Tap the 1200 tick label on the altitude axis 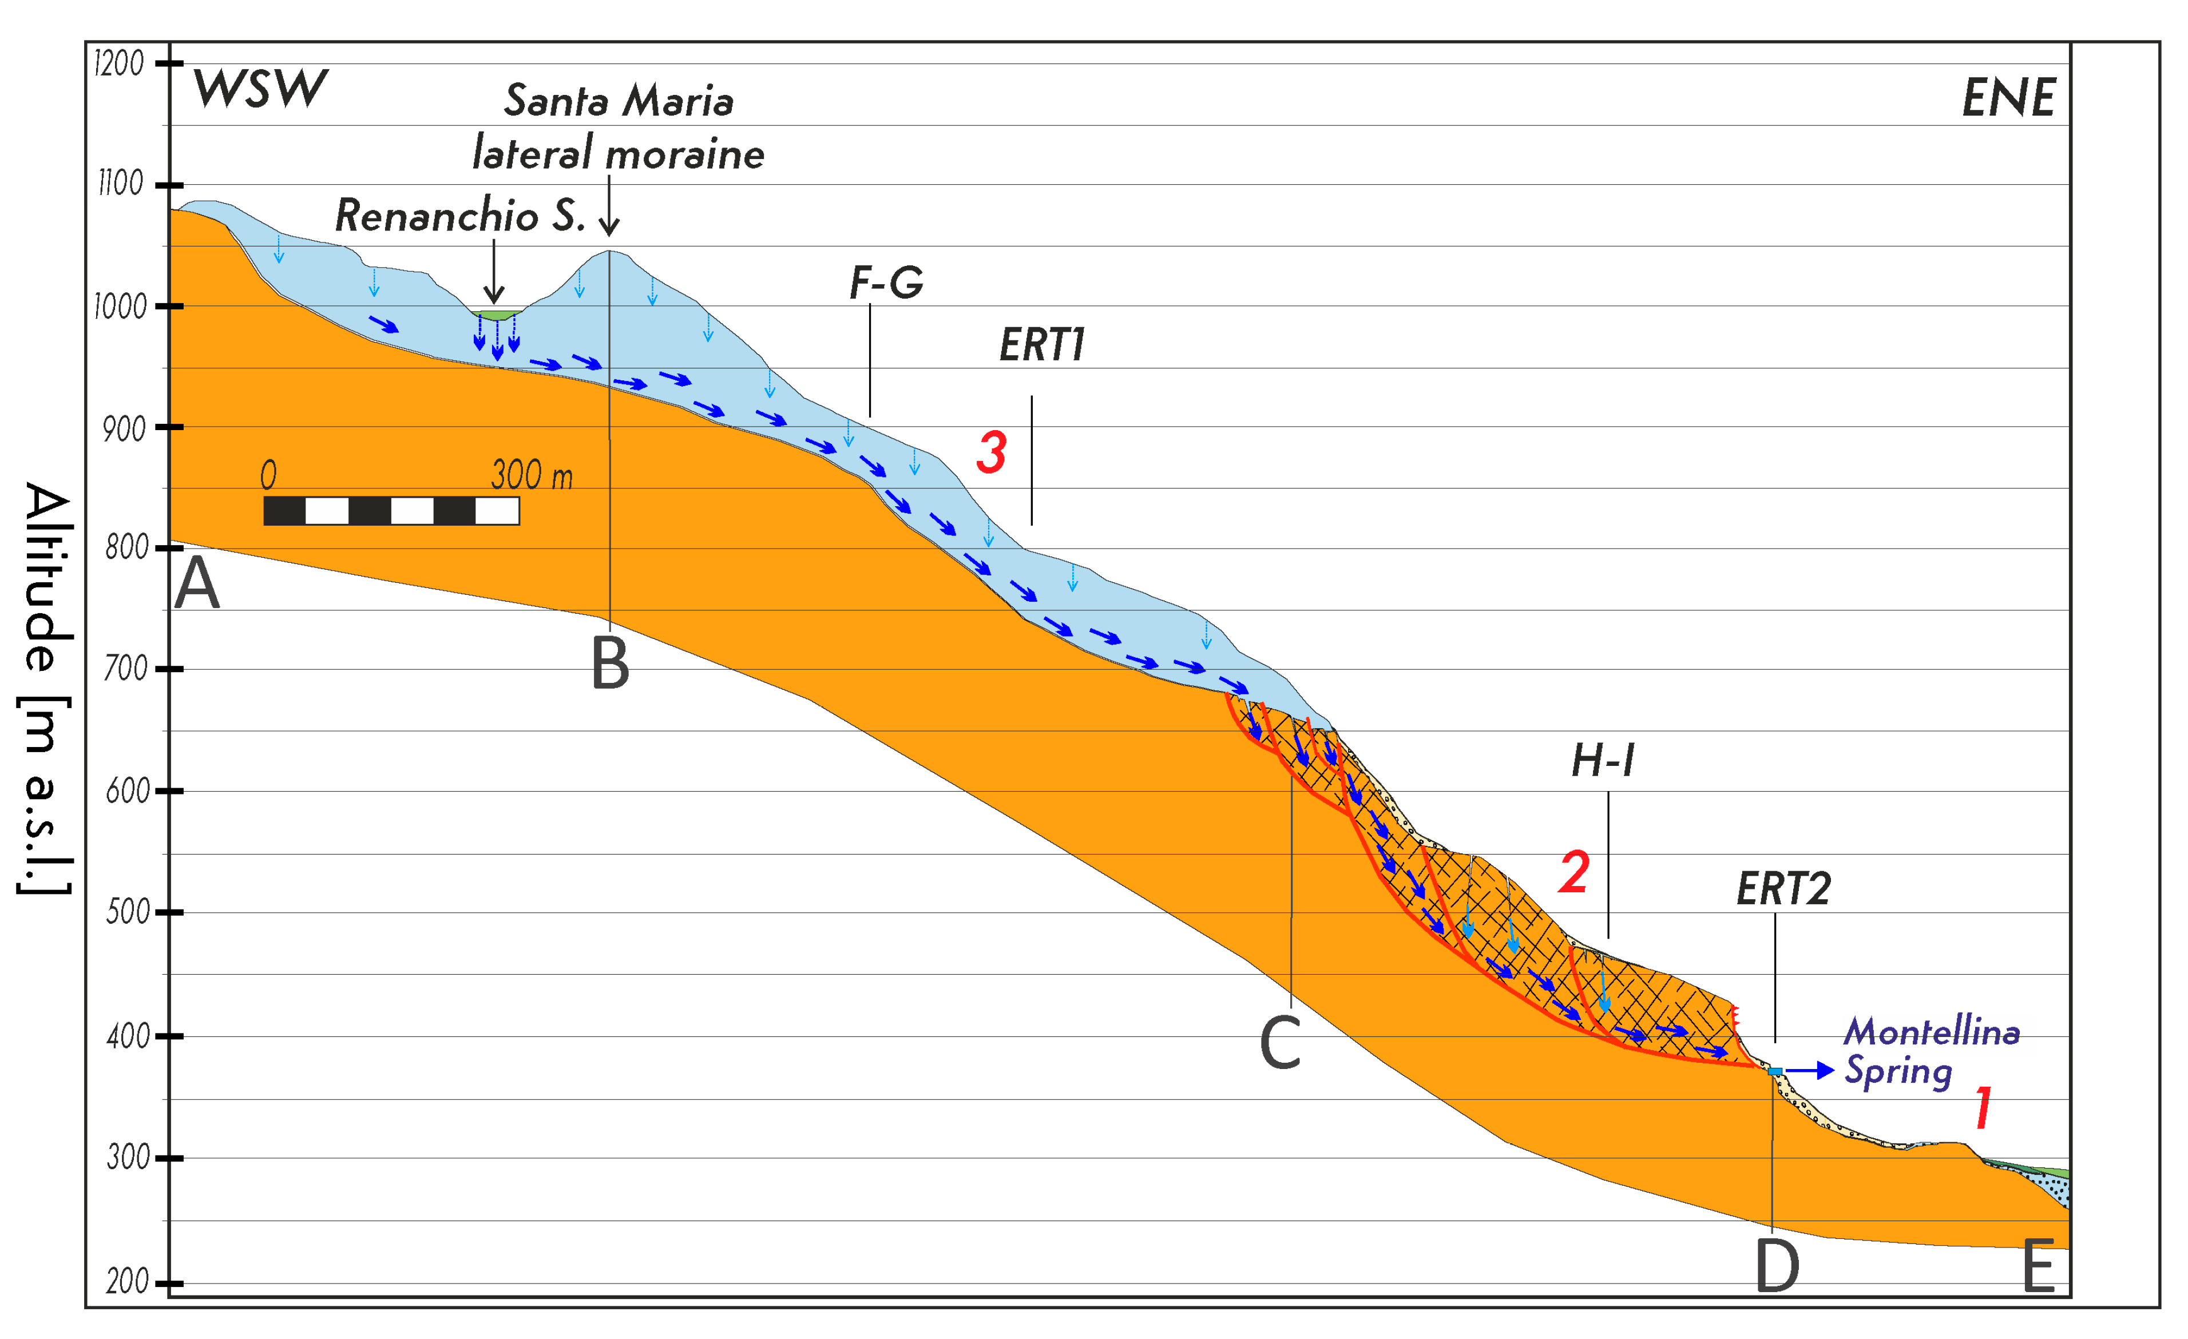click(x=119, y=64)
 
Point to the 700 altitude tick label click(x=126, y=669)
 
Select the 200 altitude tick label click(x=127, y=1282)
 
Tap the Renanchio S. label click(x=460, y=216)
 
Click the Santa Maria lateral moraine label click(x=618, y=127)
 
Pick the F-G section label click(x=885, y=283)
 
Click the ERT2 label click(x=1783, y=889)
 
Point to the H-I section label click(x=1603, y=761)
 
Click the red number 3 click(x=991, y=451)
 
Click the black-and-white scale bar click(x=391, y=511)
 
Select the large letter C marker click(x=1279, y=1043)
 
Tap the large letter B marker click(x=610, y=663)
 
